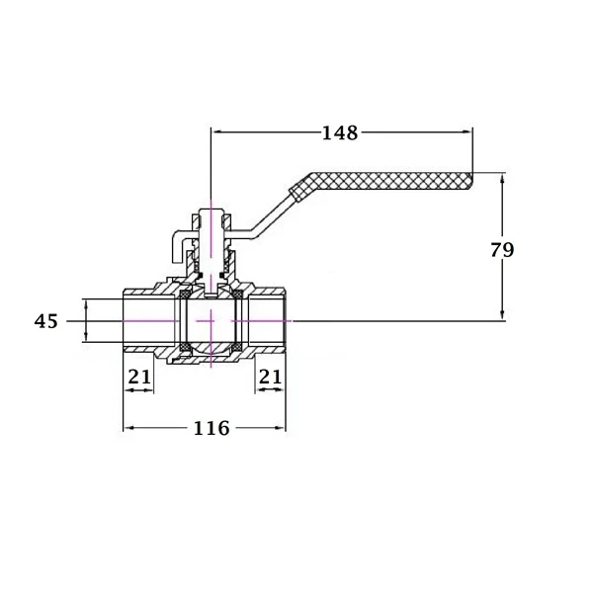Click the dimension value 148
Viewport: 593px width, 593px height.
pos(340,132)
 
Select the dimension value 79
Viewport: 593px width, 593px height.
pos(502,250)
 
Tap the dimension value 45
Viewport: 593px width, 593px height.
pos(46,321)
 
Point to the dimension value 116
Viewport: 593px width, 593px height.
pos(212,428)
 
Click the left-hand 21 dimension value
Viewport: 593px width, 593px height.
pos(139,377)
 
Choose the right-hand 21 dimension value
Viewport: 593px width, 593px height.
pos(270,377)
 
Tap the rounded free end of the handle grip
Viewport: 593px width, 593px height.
pos(470,181)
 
